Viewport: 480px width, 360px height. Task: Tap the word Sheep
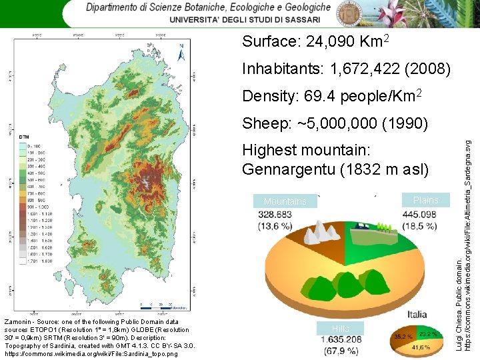(265, 123)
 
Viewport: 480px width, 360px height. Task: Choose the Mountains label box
(285, 201)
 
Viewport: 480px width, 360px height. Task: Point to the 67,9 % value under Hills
(341, 351)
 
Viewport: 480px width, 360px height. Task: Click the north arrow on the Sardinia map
(181, 51)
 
